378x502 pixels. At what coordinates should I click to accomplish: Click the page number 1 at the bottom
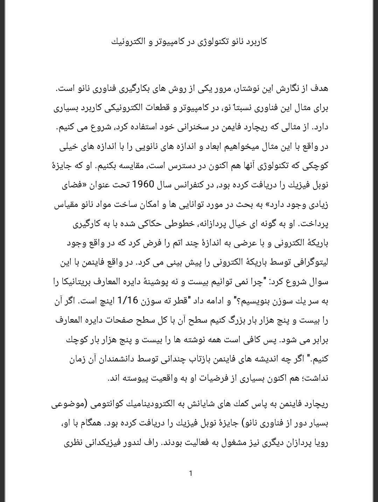tap(190, 473)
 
